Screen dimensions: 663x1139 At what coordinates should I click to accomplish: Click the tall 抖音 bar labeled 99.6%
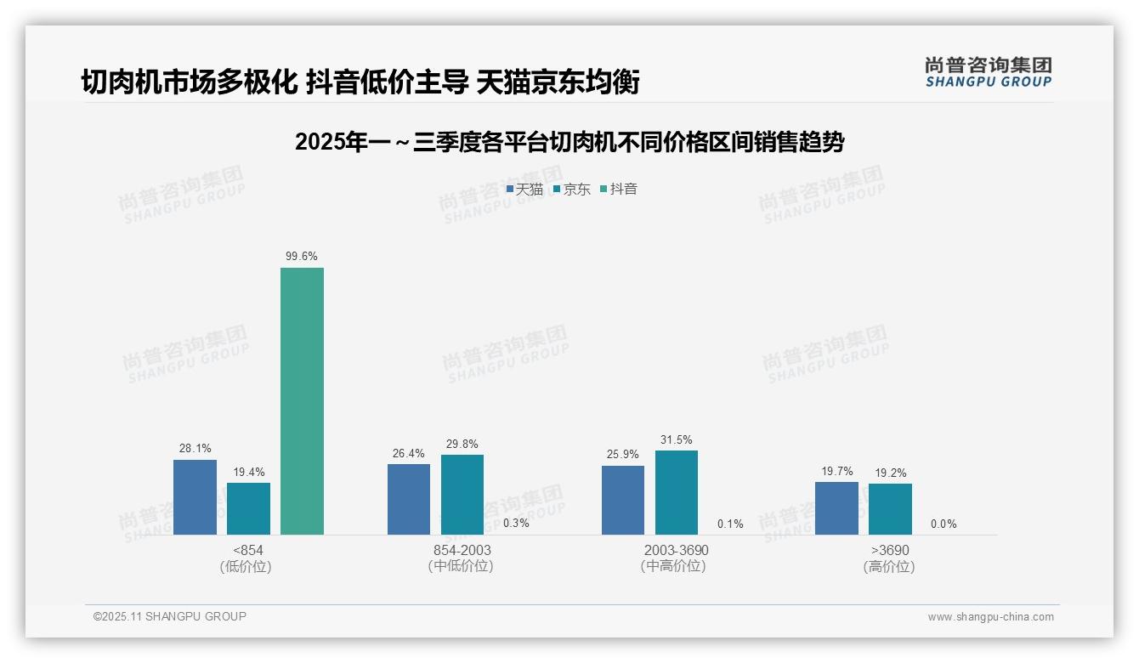click(x=302, y=401)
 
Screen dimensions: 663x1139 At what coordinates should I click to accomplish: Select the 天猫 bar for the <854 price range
click(x=195, y=497)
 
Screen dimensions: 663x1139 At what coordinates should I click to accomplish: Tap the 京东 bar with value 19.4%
click(x=248, y=508)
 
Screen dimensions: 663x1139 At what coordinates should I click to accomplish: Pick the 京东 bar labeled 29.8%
click(x=462, y=495)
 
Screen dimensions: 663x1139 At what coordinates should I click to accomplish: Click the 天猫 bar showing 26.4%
click(x=409, y=499)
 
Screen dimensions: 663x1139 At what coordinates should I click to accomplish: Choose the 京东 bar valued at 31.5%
click(x=677, y=492)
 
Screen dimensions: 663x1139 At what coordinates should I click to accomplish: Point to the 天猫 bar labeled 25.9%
click(x=623, y=500)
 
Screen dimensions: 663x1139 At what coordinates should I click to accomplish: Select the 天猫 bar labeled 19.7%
click(x=836, y=508)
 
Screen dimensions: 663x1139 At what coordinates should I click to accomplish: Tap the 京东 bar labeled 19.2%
click(x=890, y=509)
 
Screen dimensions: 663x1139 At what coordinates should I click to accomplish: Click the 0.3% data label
click(x=516, y=524)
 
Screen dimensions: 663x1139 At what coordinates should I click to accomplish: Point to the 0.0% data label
click(x=943, y=524)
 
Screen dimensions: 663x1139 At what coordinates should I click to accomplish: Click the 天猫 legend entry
click(x=524, y=190)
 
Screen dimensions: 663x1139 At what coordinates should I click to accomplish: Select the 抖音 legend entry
click(x=619, y=190)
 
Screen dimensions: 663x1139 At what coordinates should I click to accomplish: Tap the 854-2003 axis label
click(x=462, y=551)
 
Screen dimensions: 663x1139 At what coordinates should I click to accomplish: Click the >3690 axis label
click(x=889, y=551)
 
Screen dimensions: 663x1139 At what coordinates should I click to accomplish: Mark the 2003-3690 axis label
click(x=676, y=551)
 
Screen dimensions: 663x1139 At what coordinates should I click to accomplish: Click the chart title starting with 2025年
click(x=569, y=143)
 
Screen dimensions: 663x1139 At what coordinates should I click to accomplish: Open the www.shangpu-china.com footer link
click(x=990, y=617)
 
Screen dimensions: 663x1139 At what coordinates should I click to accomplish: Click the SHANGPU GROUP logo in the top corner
click(x=988, y=71)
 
